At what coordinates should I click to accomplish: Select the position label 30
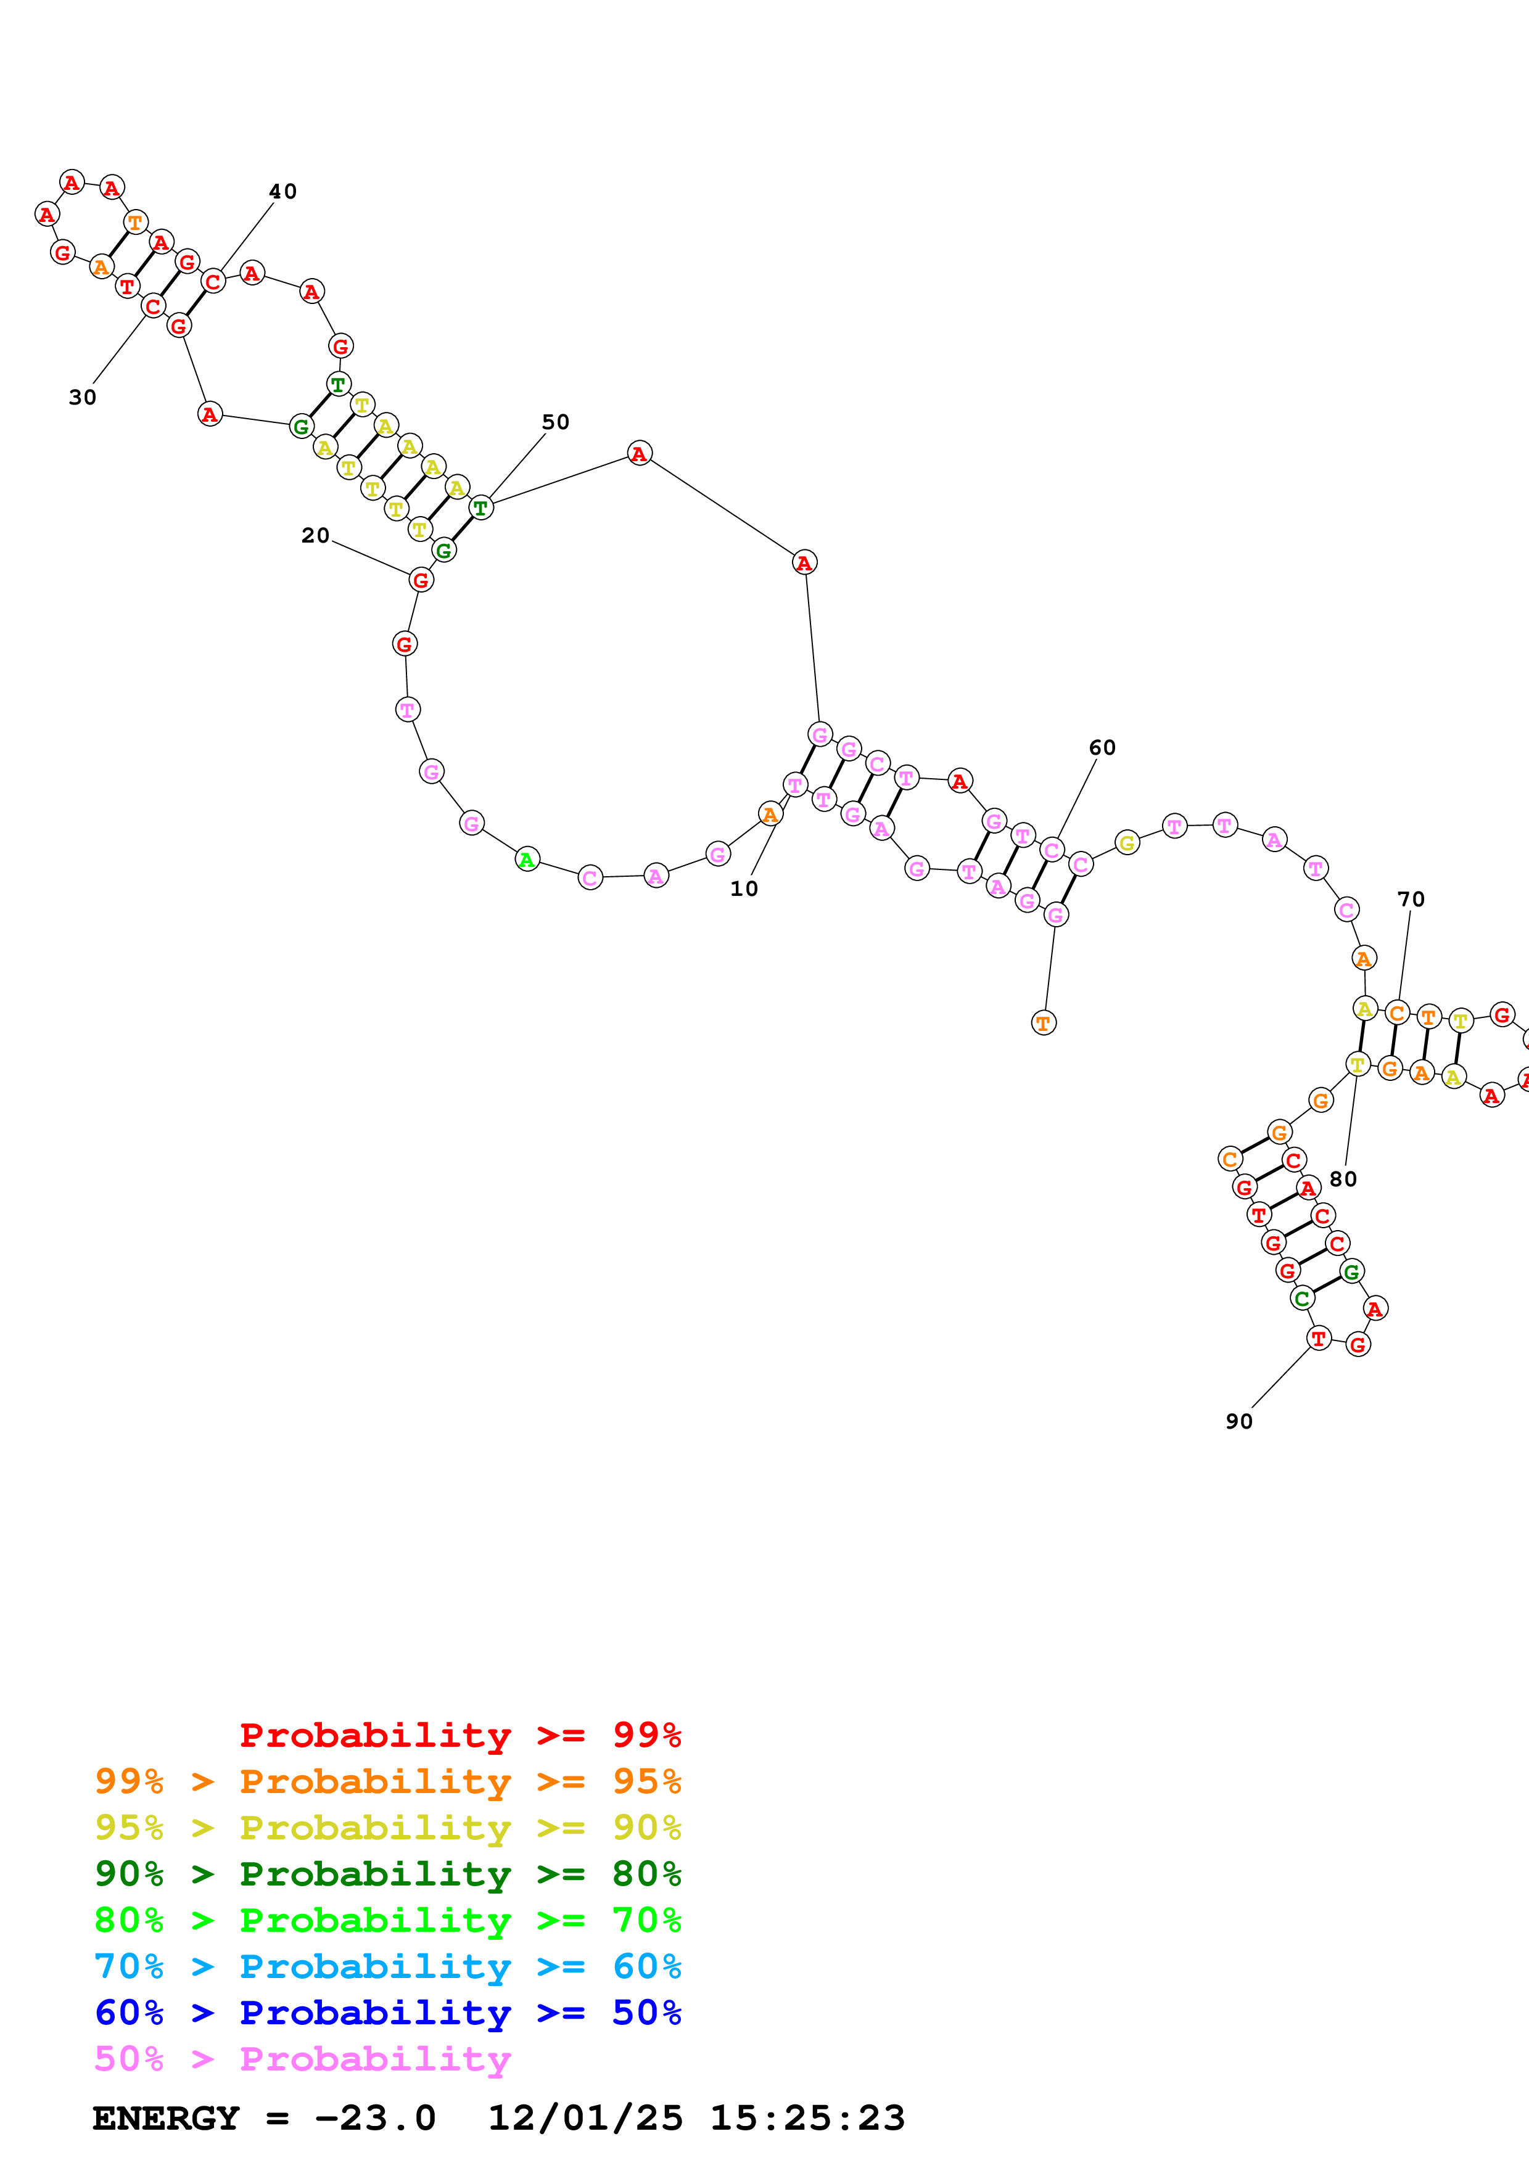pyautogui.click(x=82, y=398)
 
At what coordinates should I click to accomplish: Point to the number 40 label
pyautogui.click(x=282, y=191)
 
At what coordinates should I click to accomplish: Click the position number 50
pyautogui.click(x=555, y=422)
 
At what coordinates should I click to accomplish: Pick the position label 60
pyautogui.click(x=1102, y=747)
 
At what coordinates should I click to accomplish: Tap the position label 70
pyautogui.click(x=1411, y=899)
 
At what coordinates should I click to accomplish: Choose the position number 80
pyautogui.click(x=1343, y=1178)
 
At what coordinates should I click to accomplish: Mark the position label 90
pyautogui.click(x=1239, y=1421)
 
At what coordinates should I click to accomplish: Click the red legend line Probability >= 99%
pyautogui.click(x=460, y=1734)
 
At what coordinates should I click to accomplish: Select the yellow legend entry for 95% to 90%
pyautogui.click(x=387, y=1827)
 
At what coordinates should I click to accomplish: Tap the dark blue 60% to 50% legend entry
pyautogui.click(x=387, y=2013)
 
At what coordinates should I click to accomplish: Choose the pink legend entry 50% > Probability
pyautogui.click(x=302, y=2058)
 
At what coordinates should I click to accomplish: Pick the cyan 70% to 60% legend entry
pyautogui.click(x=387, y=1966)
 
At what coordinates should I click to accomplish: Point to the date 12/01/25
pyautogui.click(x=584, y=2117)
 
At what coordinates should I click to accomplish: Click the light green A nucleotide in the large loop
pyautogui.click(x=527, y=858)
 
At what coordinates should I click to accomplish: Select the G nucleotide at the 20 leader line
pyautogui.click(x=421, y=580)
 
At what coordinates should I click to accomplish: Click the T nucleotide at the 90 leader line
pyautogui.click(x=1319, y=1337)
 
